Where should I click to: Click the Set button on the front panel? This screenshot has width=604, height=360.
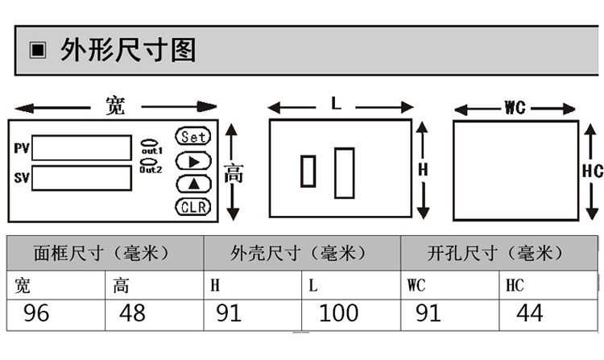pos(193,136)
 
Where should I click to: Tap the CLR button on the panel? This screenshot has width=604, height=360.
pos(193,207)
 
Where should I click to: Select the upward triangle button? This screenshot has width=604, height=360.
pos(193,184)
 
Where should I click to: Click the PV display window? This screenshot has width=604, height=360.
pos(81,147)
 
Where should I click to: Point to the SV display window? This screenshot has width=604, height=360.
pos(81,178)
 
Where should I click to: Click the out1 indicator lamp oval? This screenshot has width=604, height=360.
pos(149,143)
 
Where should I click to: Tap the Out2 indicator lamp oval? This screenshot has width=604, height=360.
pos(148,162)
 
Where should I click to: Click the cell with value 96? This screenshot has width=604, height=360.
pos(56,315)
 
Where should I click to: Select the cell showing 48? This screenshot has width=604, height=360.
pos(155,315)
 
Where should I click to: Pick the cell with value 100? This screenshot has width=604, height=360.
pos(351,315)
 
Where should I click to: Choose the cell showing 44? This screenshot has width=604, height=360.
pos(548,315)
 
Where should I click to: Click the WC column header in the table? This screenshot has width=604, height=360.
pos(450,285)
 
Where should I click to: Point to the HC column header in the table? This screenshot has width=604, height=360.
pos(548,285)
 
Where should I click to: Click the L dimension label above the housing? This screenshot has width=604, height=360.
pos(337,103)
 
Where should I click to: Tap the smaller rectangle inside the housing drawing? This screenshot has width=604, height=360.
pos(308,171)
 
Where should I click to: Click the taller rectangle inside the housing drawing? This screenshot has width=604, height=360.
pos(345,173)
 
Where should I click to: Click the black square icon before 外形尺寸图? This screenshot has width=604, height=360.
pos(38,50)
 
